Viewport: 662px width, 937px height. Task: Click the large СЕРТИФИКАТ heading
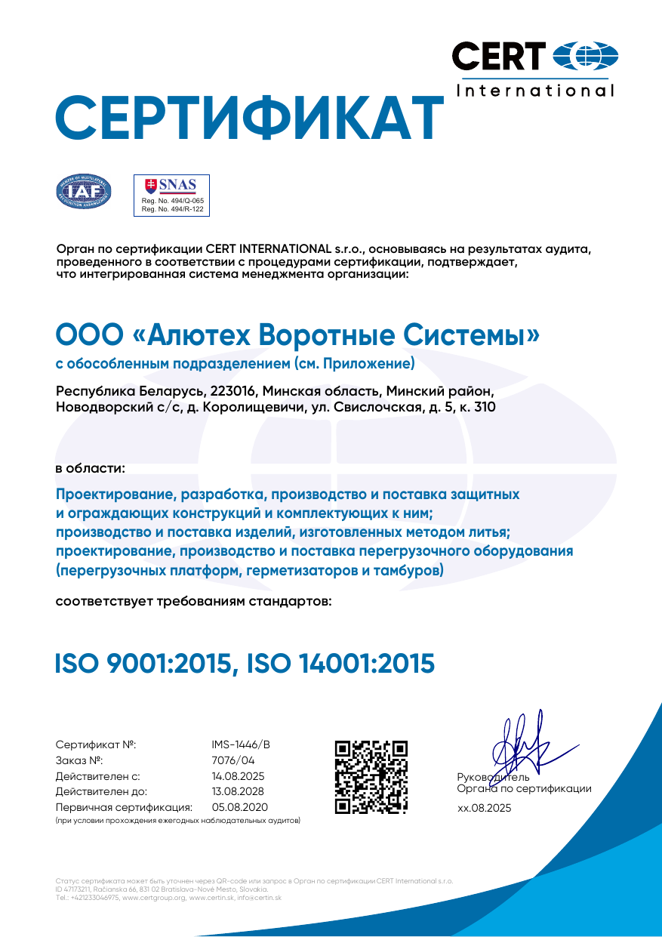tap(249, 117)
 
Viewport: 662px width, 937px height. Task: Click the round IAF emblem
tap(85, 192)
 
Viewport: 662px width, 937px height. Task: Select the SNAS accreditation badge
tap(171, 196)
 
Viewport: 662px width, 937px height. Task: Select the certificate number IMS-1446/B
tap(241, 744)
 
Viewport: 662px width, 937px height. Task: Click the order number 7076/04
tap(233, 760)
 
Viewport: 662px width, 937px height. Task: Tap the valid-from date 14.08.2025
tap(239, 776)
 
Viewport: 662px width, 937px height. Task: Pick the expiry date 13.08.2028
tap(239, 792)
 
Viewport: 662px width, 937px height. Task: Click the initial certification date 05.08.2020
tap(240, 807)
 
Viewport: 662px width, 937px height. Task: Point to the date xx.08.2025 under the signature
tap(484, 808)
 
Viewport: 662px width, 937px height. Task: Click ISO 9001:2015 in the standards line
tap(142, 664)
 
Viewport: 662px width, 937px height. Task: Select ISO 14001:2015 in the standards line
tap(340, 664)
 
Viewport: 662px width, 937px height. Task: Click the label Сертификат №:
tap(96, 744)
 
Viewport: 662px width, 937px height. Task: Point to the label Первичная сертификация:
tap(125, 807)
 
